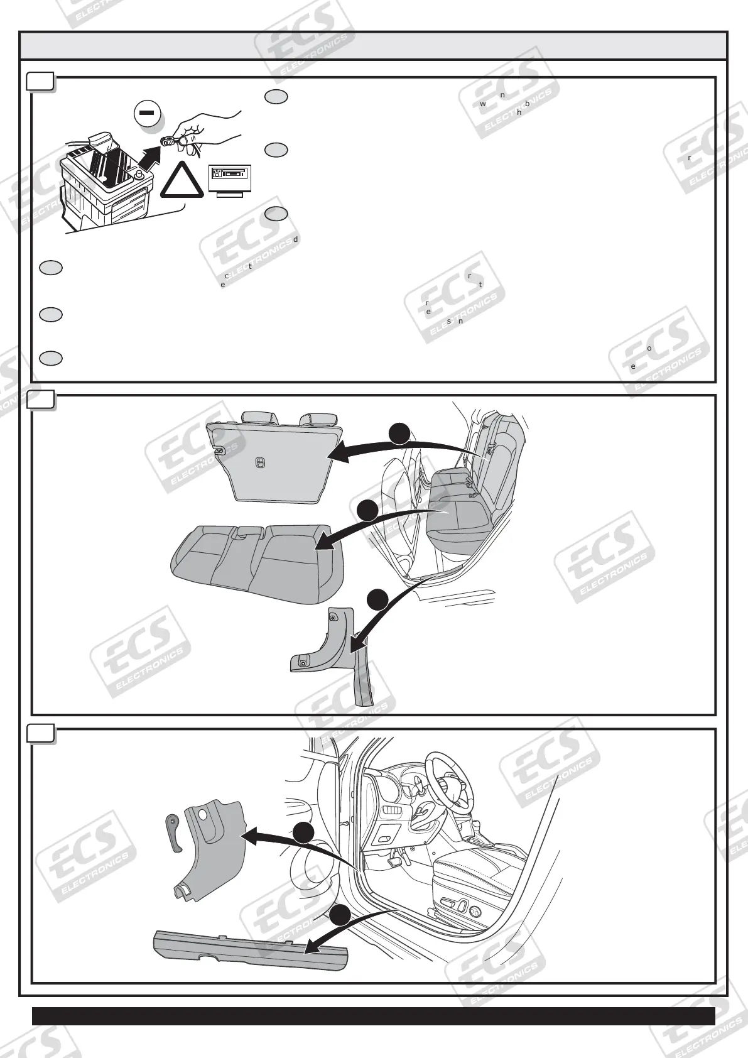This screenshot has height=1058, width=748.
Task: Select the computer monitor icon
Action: click(229, 180)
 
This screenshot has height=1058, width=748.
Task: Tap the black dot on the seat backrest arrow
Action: click(399, 434)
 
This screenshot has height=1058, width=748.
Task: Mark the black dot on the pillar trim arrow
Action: click(377, 600)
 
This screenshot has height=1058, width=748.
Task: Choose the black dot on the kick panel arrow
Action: click(303, 833)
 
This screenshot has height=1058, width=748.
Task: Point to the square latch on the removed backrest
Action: click(259, 463)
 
